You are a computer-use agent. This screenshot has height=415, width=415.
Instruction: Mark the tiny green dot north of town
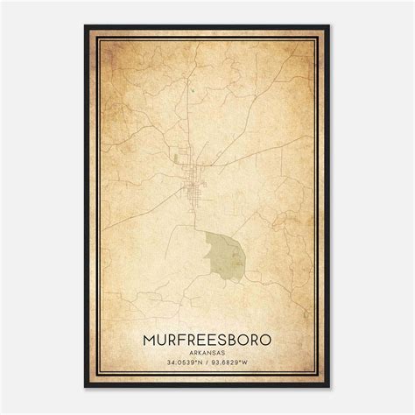[x=189, y=87]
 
